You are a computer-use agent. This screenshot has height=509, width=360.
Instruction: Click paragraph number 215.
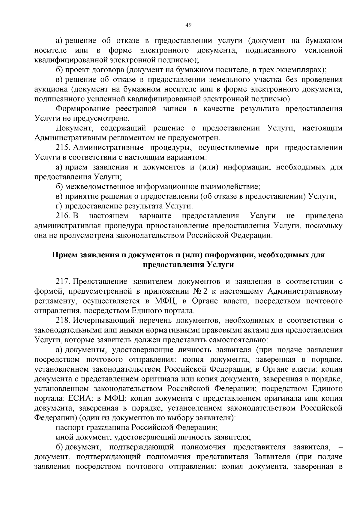(63, 148)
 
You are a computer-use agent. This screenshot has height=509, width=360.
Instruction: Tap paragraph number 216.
(63, 216)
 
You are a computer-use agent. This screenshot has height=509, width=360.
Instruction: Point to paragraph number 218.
(63, 320)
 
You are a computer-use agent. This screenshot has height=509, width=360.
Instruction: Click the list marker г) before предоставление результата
(59, 206)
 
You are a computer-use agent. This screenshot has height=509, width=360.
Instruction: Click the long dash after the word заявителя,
(340, 447)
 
